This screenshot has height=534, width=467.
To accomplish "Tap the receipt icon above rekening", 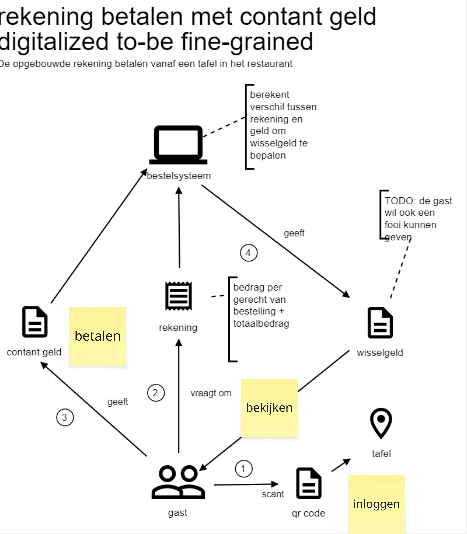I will point(179,296).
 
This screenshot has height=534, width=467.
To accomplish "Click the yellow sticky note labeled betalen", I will point(98,336).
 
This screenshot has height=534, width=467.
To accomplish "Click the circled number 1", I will point(244,469).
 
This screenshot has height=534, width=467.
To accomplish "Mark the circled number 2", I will point(156,393).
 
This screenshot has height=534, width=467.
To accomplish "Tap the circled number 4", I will point(249,253).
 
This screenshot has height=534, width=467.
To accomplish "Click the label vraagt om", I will point(211,393).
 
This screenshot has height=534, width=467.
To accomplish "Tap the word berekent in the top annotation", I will point(270,95).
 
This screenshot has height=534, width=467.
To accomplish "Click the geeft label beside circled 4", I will point(294,233).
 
